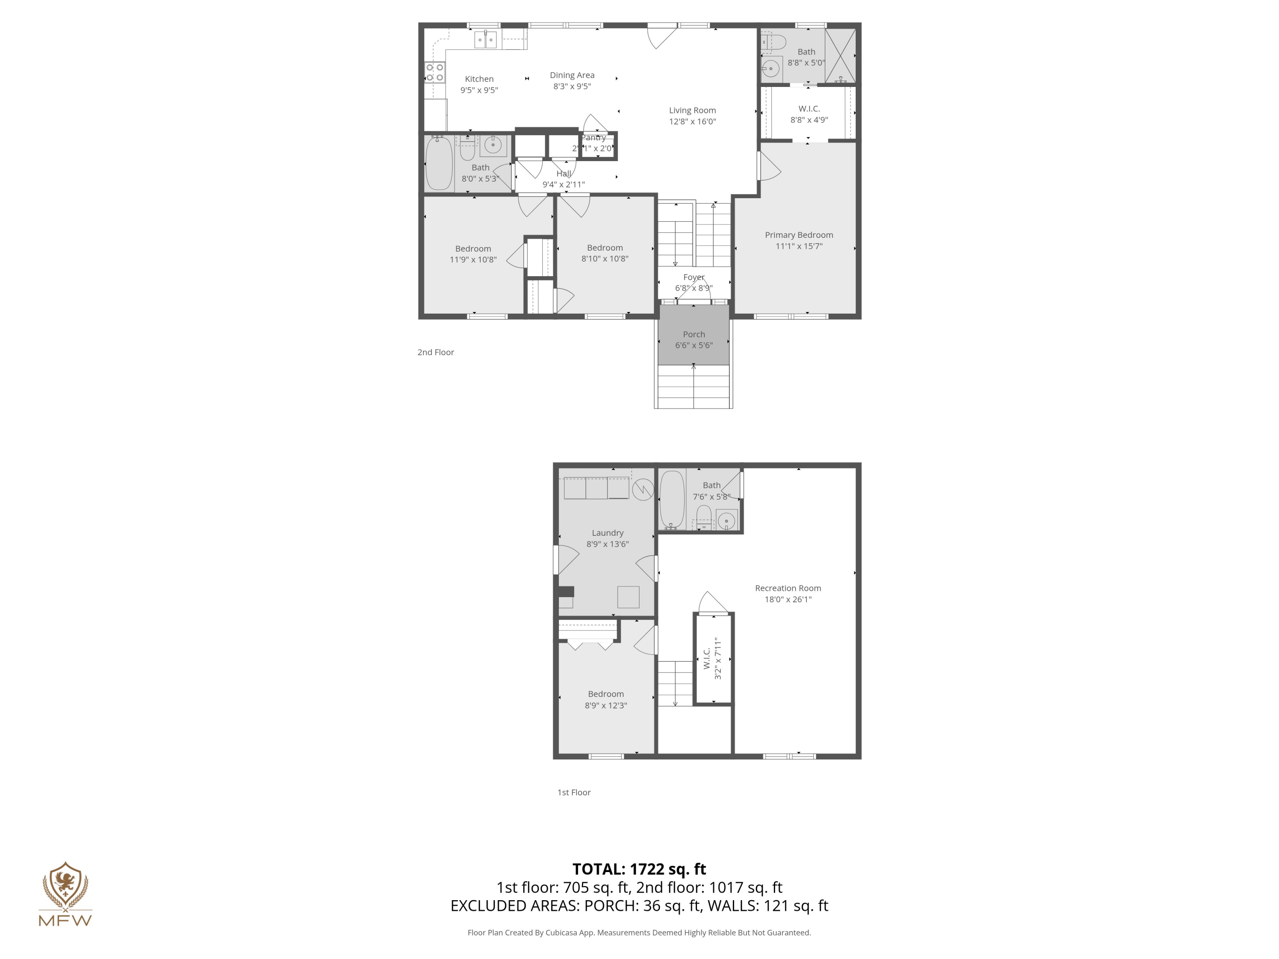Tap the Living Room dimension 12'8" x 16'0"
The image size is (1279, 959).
(692, 121)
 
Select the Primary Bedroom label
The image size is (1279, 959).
(799, 235)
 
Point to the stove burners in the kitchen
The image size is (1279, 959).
(435, 72)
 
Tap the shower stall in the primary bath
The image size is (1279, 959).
(839, 55)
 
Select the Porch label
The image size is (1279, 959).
(693, 334)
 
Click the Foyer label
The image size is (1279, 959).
(693, 277)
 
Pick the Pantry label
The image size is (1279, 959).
(594, 138)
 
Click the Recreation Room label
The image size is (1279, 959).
(787, 588)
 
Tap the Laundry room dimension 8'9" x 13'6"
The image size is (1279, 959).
(607, 544)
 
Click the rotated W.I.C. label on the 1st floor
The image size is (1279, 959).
(706, 659)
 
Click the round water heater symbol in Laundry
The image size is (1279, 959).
(642, 490)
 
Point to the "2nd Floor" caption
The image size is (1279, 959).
(435, 352)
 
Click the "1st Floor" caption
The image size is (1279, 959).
(573, 792)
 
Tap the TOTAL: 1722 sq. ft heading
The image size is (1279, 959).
(639, 869)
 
